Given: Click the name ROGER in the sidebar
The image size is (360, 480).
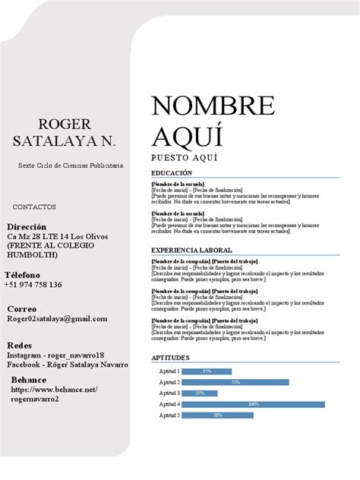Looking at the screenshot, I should pyautogui.click(x=65, y=124).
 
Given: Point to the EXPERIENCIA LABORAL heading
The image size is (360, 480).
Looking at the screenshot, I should pyautogui.click(x=191, y=250).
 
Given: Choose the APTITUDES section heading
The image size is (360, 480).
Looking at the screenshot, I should pyautogui.click(x=171, y=357).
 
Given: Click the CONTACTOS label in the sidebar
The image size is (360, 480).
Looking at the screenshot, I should pyautogui.click(x=34, y=207).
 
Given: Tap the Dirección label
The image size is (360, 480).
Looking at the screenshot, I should pyautogui.click(x=27, y=227).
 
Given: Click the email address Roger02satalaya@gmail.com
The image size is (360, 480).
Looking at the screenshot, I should pyautogui.click(x=58, y=319).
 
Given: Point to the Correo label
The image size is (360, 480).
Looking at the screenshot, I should pyautogui.click(x=22, y=309).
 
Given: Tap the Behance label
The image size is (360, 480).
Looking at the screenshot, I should pyautogui.click(x=29, y=380).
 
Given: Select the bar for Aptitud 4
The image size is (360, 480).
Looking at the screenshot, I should pyautogui.click(x=253, y=404).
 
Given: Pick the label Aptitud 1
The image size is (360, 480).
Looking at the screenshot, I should pyautogui.click(x=169, y=371).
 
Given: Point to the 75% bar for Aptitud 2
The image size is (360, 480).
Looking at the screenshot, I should pyautogui.click(x=235, y=382).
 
